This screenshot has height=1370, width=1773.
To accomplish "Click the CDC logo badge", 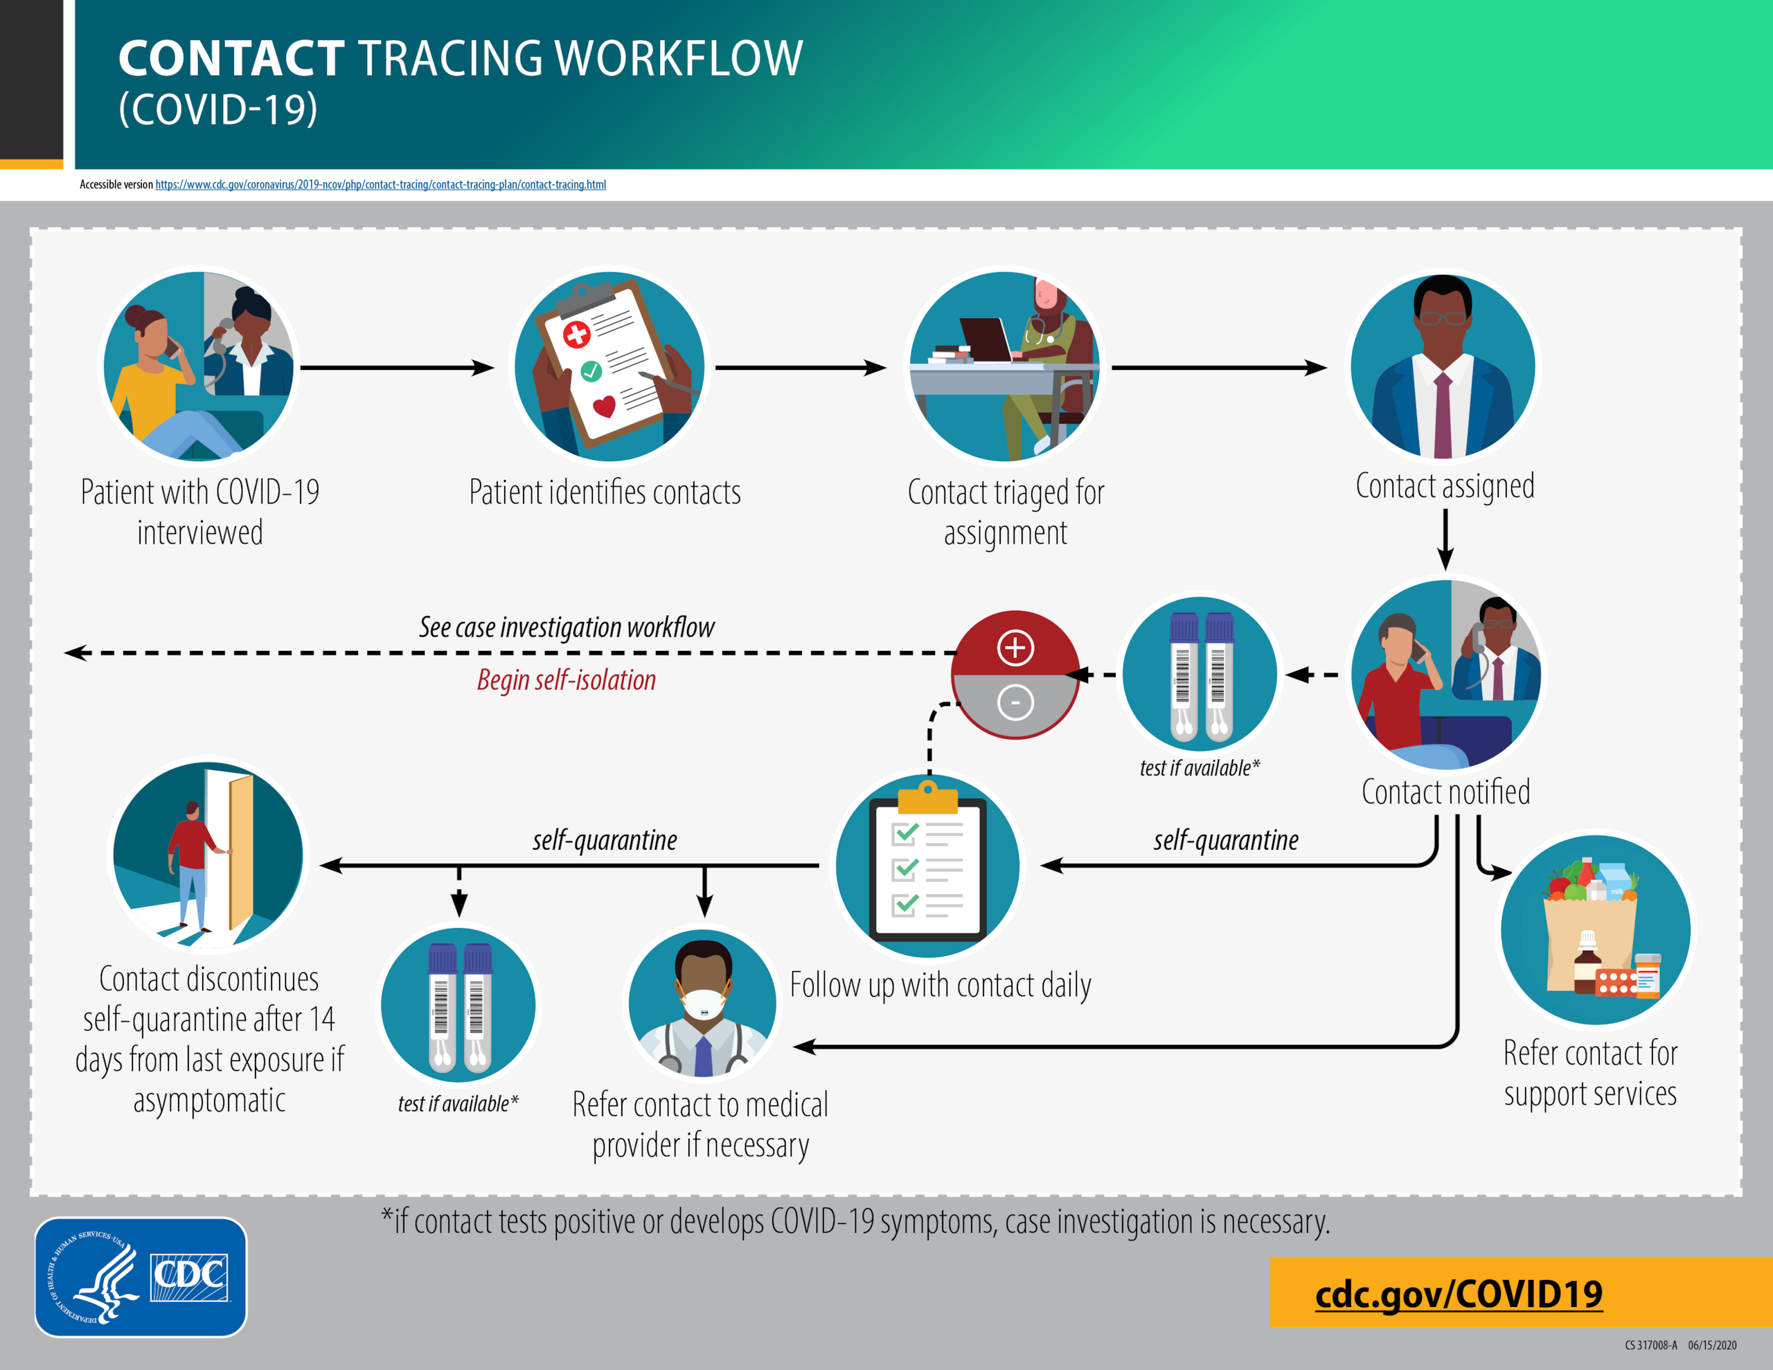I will [x=141, y=1276].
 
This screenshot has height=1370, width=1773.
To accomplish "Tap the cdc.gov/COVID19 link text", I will [x=1458, y=1294].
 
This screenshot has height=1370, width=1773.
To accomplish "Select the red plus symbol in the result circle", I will [x=1015, y=647].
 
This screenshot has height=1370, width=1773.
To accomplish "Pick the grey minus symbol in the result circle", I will [x=1015, y=702].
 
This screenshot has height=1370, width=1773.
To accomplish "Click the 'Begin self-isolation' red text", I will [x=566, y=679].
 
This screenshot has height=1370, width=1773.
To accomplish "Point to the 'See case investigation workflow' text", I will [x=566, y=627].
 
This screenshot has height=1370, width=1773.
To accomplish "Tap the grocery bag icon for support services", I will [x=1594, y=930].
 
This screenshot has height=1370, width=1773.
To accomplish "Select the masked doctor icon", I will [x=703, y=1004].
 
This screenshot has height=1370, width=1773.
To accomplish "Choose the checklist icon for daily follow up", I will [x=928, y=866].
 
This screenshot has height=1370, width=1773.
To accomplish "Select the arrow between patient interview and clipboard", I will [x=397, y=368].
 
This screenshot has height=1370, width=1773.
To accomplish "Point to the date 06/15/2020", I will [x=1712, y=1345].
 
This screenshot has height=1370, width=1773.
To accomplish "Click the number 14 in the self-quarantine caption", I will [x=321, y=1019].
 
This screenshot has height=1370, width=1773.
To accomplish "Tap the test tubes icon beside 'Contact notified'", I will [x=1200, y=674].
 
